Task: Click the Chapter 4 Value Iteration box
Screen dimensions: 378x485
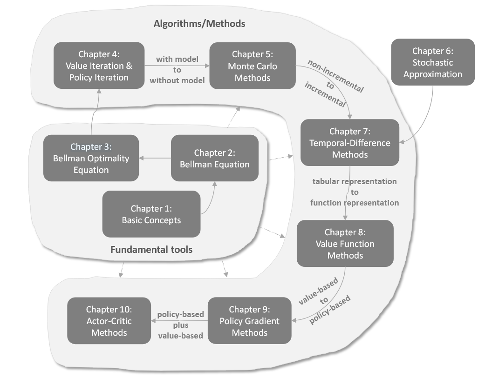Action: [99, 66]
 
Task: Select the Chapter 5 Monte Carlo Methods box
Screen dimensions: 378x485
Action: [253, 66]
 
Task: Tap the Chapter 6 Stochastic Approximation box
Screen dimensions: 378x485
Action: [433, 62]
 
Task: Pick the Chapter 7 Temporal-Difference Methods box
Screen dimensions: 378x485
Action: [350, 142]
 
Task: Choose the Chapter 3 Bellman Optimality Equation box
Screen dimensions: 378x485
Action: [91, 158]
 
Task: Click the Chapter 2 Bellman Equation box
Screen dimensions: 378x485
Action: [215, 158]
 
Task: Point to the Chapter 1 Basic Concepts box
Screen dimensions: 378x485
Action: [151, 214]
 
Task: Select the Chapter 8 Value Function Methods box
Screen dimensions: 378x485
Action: [345, 244]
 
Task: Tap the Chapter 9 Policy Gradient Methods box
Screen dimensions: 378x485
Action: [250, 320]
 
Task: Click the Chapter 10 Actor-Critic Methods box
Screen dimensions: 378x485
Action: [109, 320]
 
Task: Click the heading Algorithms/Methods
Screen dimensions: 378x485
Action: [199, 23]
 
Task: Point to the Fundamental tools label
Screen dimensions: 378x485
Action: [151, 250]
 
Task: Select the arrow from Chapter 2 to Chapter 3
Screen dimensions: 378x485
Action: [155, 159]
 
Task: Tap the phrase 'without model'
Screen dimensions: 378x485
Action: [177, 80]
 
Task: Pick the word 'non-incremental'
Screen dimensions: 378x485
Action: [335, 74]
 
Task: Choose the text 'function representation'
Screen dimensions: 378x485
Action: [355, 203]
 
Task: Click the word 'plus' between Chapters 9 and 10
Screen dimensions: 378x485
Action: [180, 325]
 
